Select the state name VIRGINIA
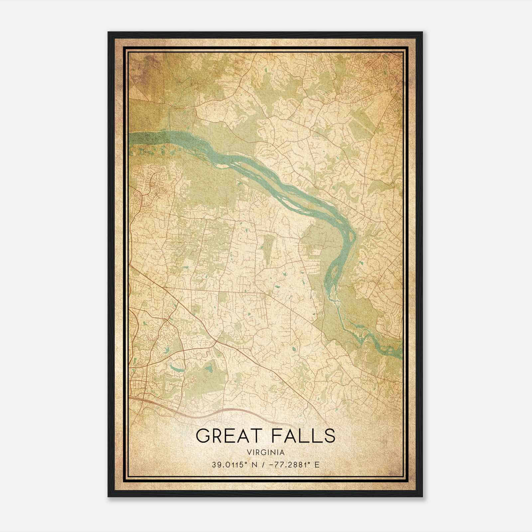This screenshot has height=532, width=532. click(266, 453)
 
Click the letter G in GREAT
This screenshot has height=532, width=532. click(203, 436)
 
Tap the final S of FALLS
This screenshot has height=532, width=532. click(330, 436)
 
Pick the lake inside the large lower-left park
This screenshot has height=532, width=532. click(208, 368)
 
